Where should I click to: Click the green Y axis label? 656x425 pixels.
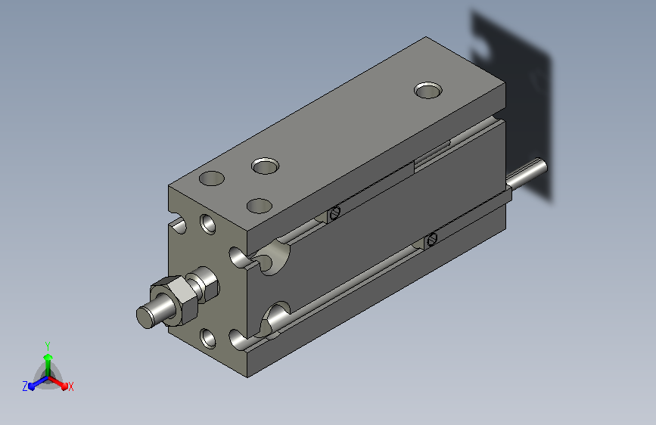[x=48, y=346]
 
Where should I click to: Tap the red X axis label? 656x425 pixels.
[x=70, y=386]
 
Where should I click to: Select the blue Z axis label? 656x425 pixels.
[x=25, y=386]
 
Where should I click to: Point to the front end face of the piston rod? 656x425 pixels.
[x=145, y=318]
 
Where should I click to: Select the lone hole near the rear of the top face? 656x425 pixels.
[x=428, y=90]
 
